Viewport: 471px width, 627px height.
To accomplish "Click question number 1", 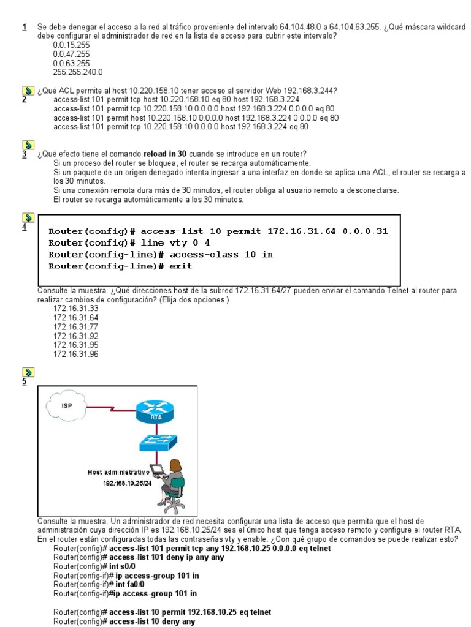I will pos(24,28).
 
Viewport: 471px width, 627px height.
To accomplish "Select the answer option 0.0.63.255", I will pos(71,63).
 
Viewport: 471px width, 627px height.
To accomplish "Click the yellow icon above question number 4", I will pos(27,217).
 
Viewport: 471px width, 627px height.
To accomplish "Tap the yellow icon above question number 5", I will pos(27,371).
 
